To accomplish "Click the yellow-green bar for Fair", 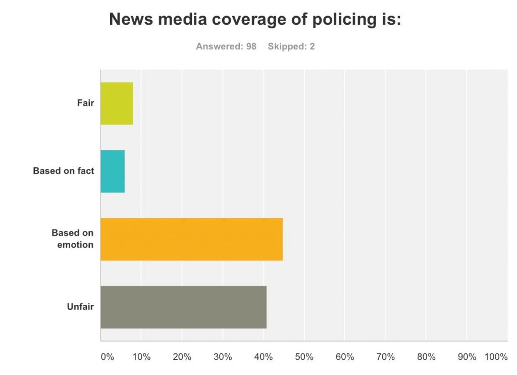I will [117, 103].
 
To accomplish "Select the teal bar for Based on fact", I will [113, 171].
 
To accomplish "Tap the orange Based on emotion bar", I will [191, 239].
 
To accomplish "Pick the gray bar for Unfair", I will [183, 307].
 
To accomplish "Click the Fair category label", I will [85, 103].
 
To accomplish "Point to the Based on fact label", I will [64, 171].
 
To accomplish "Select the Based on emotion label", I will [73, 239].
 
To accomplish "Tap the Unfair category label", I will [80, 306].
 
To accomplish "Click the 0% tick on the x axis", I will [108, 357].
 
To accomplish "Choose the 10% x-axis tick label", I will [141, 357].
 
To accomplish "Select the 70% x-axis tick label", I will [385, 357].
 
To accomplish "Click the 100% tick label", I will [496, 357].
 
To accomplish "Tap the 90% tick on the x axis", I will [467, 357].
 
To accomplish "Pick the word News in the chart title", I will [129, 19].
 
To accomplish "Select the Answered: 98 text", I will [226, 46].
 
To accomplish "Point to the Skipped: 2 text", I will [291, 46].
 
